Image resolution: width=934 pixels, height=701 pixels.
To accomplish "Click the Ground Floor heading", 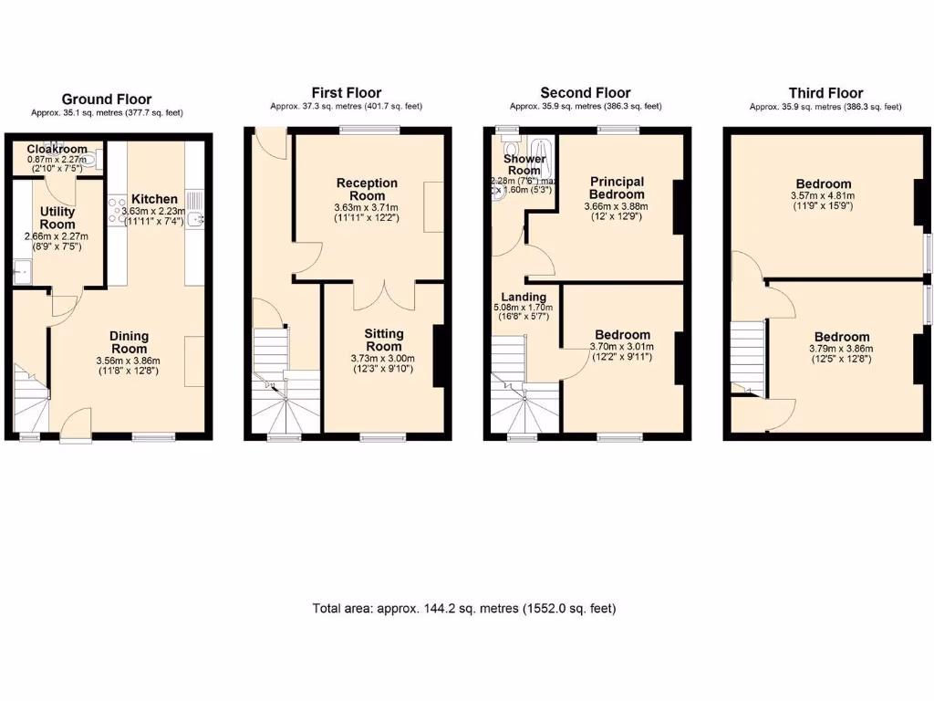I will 107,99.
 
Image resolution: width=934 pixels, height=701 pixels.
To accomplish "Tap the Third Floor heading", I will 825,93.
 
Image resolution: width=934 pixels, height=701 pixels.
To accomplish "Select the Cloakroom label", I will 57,150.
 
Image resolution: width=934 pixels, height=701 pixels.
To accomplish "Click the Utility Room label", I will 57,218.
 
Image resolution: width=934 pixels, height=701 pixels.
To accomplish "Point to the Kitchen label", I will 154,199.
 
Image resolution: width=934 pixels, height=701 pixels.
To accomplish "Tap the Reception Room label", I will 367,189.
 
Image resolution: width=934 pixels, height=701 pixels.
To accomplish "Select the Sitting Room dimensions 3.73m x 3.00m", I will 383,359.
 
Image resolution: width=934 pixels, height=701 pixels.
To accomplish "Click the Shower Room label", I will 524,164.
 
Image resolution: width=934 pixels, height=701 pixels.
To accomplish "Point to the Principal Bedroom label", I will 617,188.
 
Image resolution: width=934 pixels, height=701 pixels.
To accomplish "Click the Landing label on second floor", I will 524,297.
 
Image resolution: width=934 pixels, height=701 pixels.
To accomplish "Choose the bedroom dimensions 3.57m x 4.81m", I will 823,195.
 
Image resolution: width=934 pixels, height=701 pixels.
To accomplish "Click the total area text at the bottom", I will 464,608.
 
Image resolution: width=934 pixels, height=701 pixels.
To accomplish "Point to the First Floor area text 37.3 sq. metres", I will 346,107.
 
